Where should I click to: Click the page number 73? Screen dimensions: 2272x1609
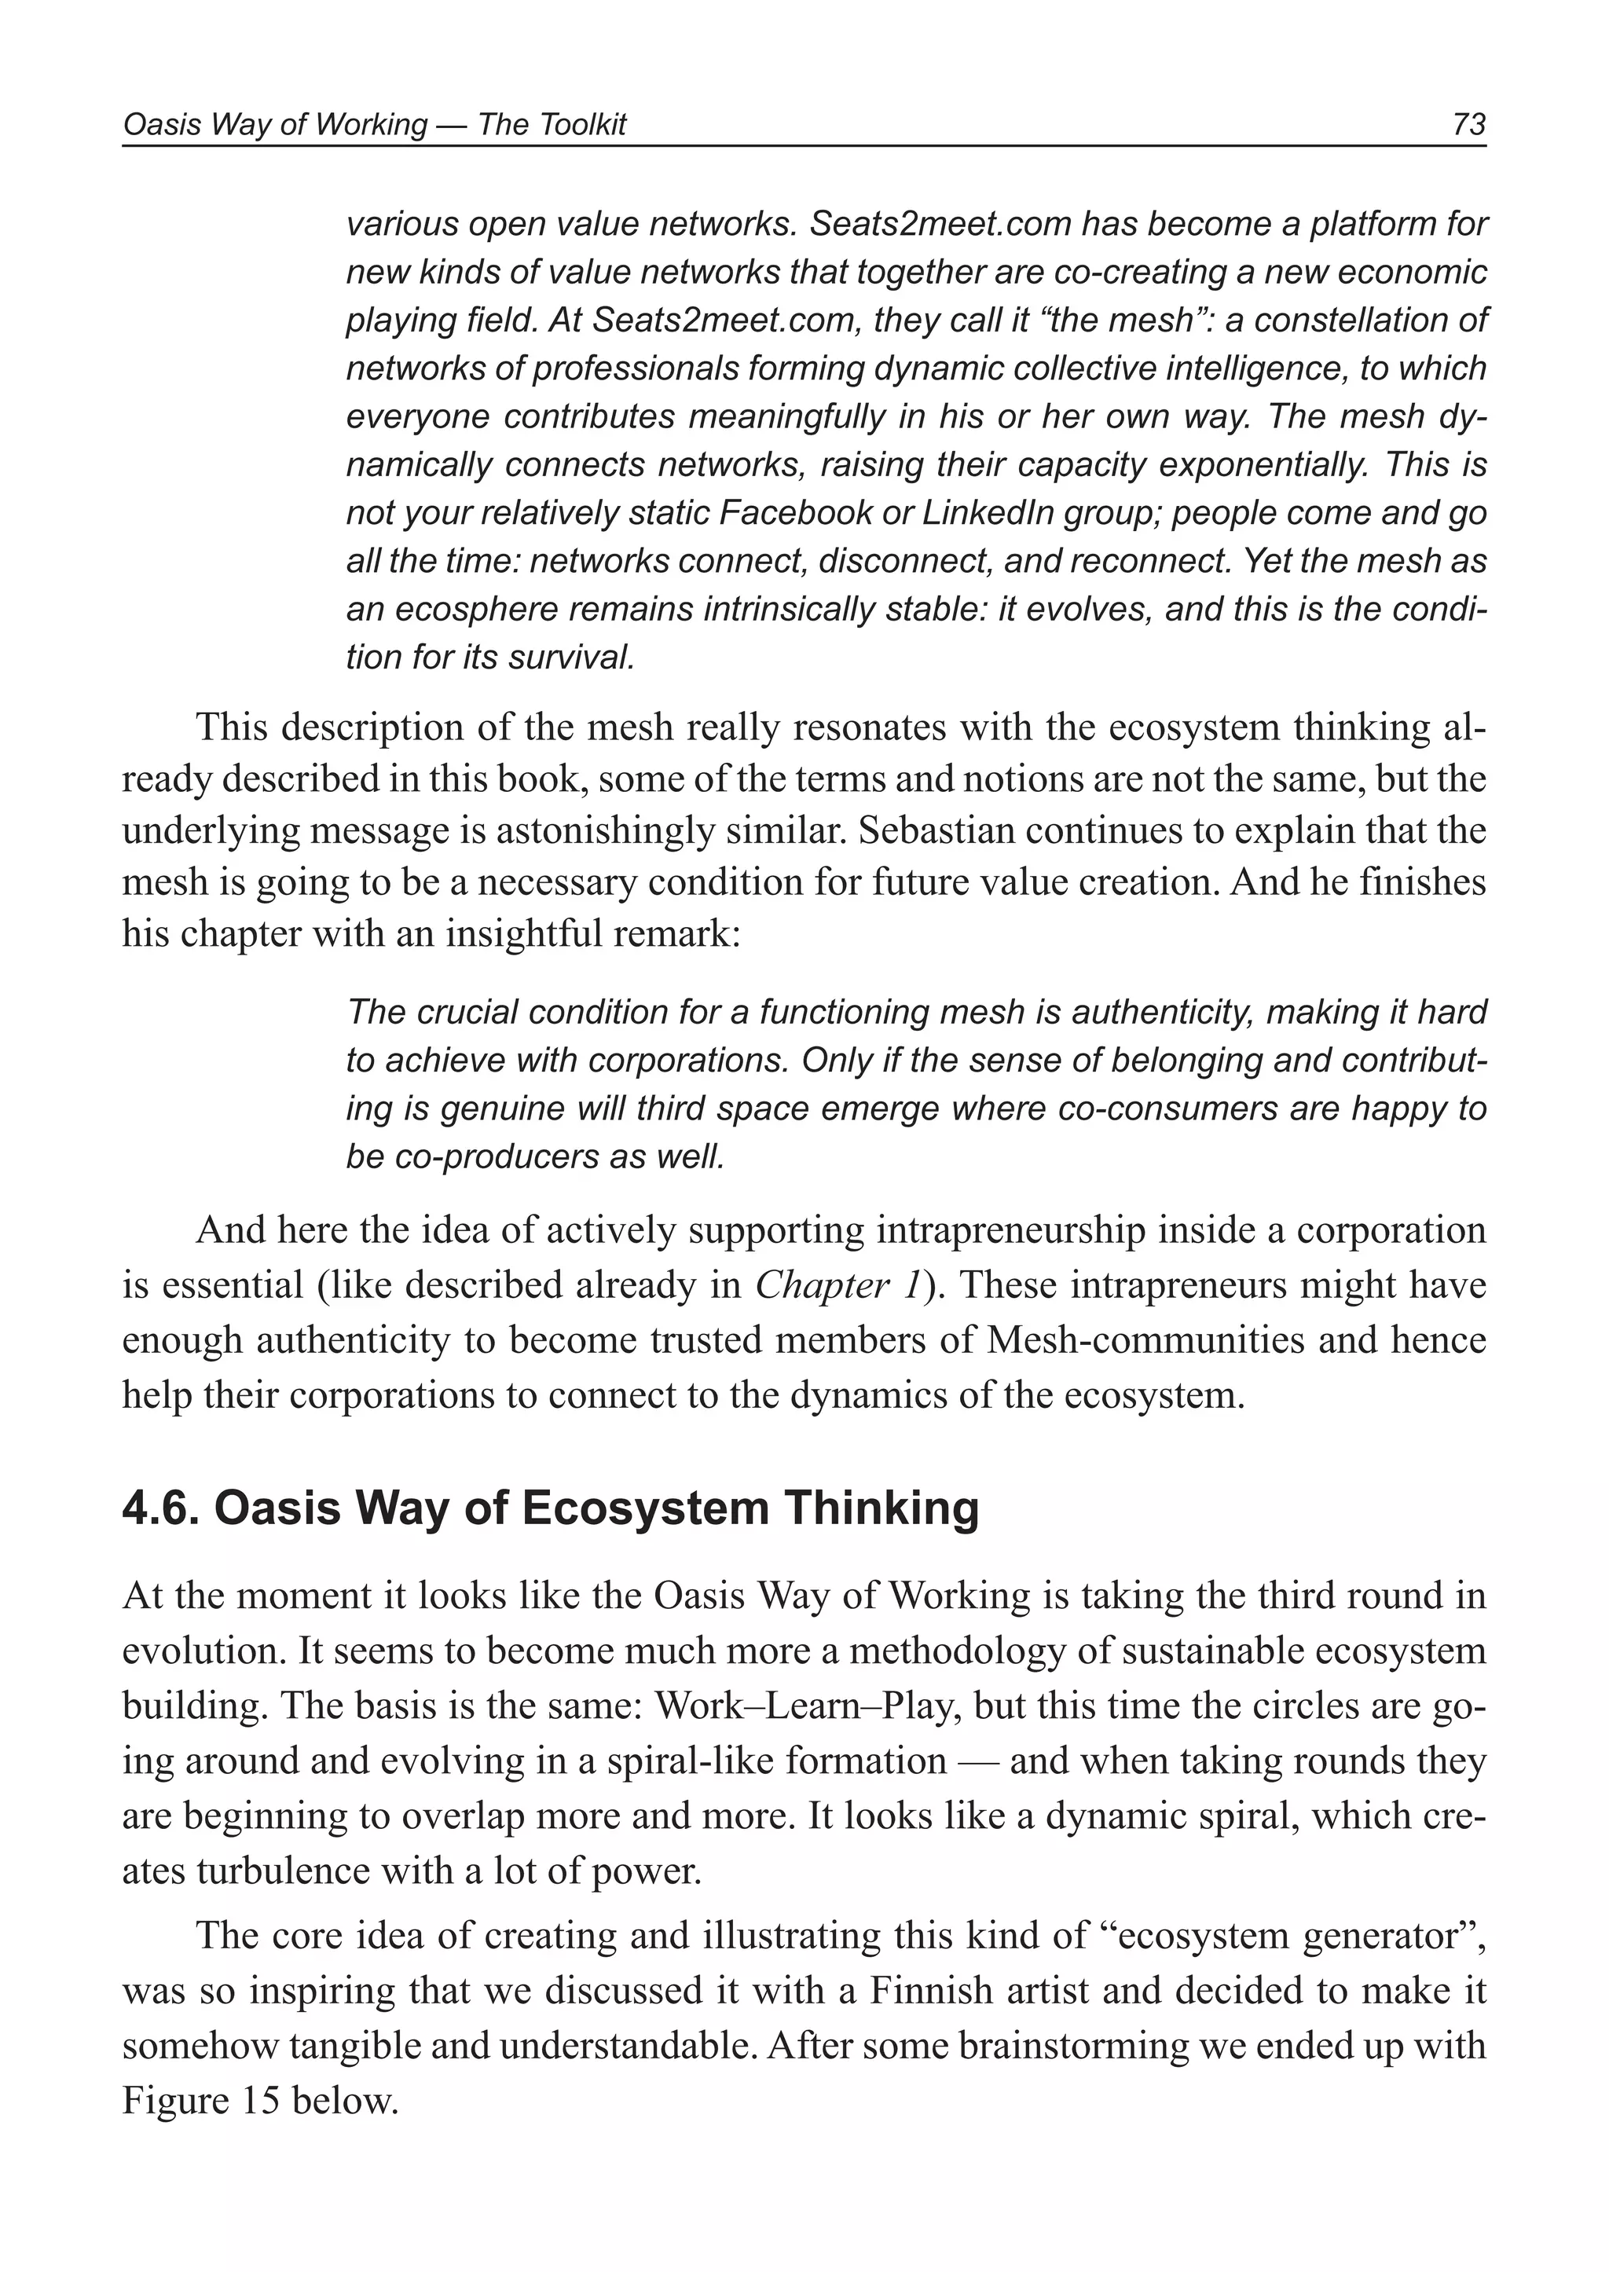[1468, 124]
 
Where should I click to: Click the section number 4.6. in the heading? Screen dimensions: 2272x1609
[162, 1509]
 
